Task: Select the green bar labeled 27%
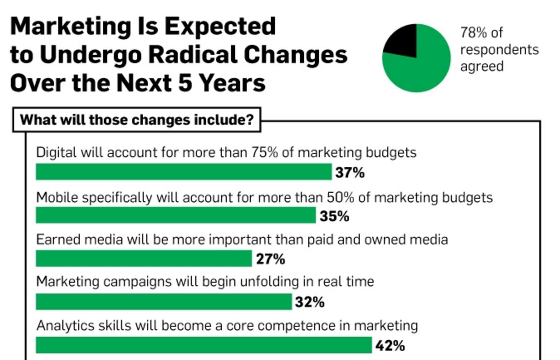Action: (x=144, y=258)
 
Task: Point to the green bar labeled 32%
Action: (x=164, y=301)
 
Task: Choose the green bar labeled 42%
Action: (x=204, y=345)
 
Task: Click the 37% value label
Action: (x=350, y=172)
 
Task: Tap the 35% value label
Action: (x=334, y=216)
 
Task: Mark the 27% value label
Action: (x=270, y=259)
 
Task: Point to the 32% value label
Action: (x=309, y=302)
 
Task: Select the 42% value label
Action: (x=390, y=345)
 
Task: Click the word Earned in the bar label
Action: (x=59, y=239)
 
